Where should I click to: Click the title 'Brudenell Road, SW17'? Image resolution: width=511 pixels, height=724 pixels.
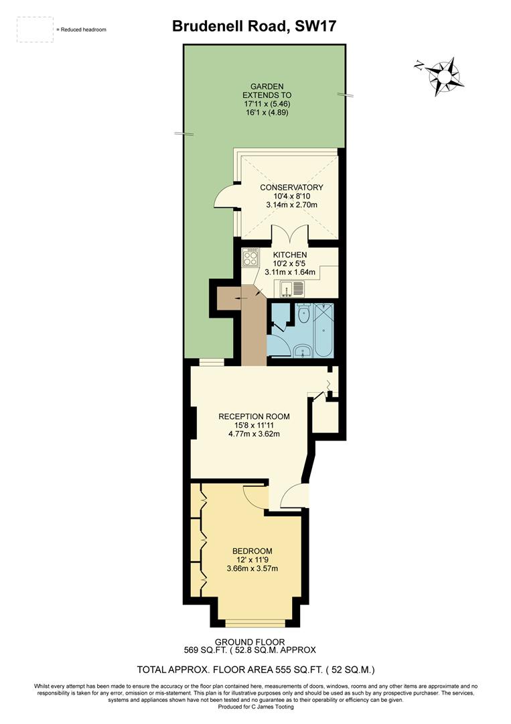click(x=254, y=26)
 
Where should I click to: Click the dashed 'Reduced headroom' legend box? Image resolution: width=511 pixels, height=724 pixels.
click(x=35, y=29)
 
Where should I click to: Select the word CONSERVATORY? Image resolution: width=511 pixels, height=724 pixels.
click(x=291, y=188)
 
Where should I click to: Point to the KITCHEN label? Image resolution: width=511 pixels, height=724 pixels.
click(x=290, y=255)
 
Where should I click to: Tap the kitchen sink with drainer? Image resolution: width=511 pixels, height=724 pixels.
click(x=293, y=290)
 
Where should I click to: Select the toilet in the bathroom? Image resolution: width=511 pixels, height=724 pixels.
click(x=303, y=314)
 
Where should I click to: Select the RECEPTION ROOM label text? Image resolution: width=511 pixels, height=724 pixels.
click(x=253, y=416)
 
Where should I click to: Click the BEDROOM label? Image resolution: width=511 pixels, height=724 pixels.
click(x=253, y=552)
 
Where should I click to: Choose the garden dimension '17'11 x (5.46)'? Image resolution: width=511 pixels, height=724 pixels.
click(x=267, y=104)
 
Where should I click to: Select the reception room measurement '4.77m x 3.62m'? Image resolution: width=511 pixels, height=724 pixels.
click(x=253, y=434)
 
